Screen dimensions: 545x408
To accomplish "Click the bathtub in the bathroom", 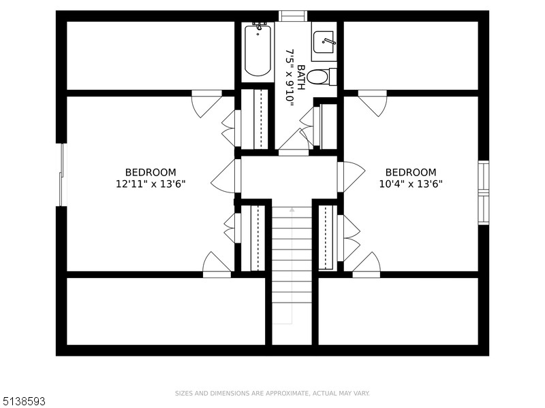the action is click(x=258, y=51).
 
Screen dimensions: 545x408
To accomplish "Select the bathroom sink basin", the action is click(x=324, y=42).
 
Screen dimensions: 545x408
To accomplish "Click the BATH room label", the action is click(x=301, y=78).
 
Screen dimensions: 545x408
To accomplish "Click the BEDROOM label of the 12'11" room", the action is click(x=151, y=173).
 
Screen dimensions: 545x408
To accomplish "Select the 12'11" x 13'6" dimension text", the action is click(x=151, y=184).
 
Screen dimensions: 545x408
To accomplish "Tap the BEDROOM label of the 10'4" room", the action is click(x=411, y=173).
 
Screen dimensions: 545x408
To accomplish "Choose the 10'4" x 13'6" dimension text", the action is click(x=411, y=184).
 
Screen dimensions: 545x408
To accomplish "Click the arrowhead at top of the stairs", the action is click(x=292, y=209).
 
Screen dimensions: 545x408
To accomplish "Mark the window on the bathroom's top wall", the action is click(x=293, y=16).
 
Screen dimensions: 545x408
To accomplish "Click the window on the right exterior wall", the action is click(x=484, y=192).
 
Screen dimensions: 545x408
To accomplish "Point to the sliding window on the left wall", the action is click(x=61, y=175).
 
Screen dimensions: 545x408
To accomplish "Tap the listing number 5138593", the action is click(x=22, y=401).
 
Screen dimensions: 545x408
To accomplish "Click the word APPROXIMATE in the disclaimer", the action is click(x=287, y=394).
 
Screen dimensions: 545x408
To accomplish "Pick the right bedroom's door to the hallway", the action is click(x=351, y=177).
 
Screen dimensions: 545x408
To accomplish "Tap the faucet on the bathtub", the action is click(x=259, y=28).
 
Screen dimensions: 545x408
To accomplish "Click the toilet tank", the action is click(x=333, y=77).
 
